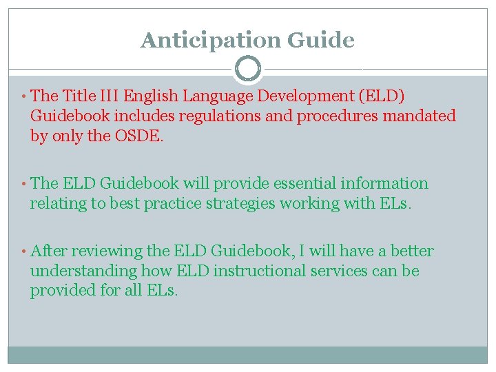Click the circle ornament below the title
click(248, 68)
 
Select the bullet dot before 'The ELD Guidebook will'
click(24, 184)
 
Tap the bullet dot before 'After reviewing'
click(24, 251)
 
